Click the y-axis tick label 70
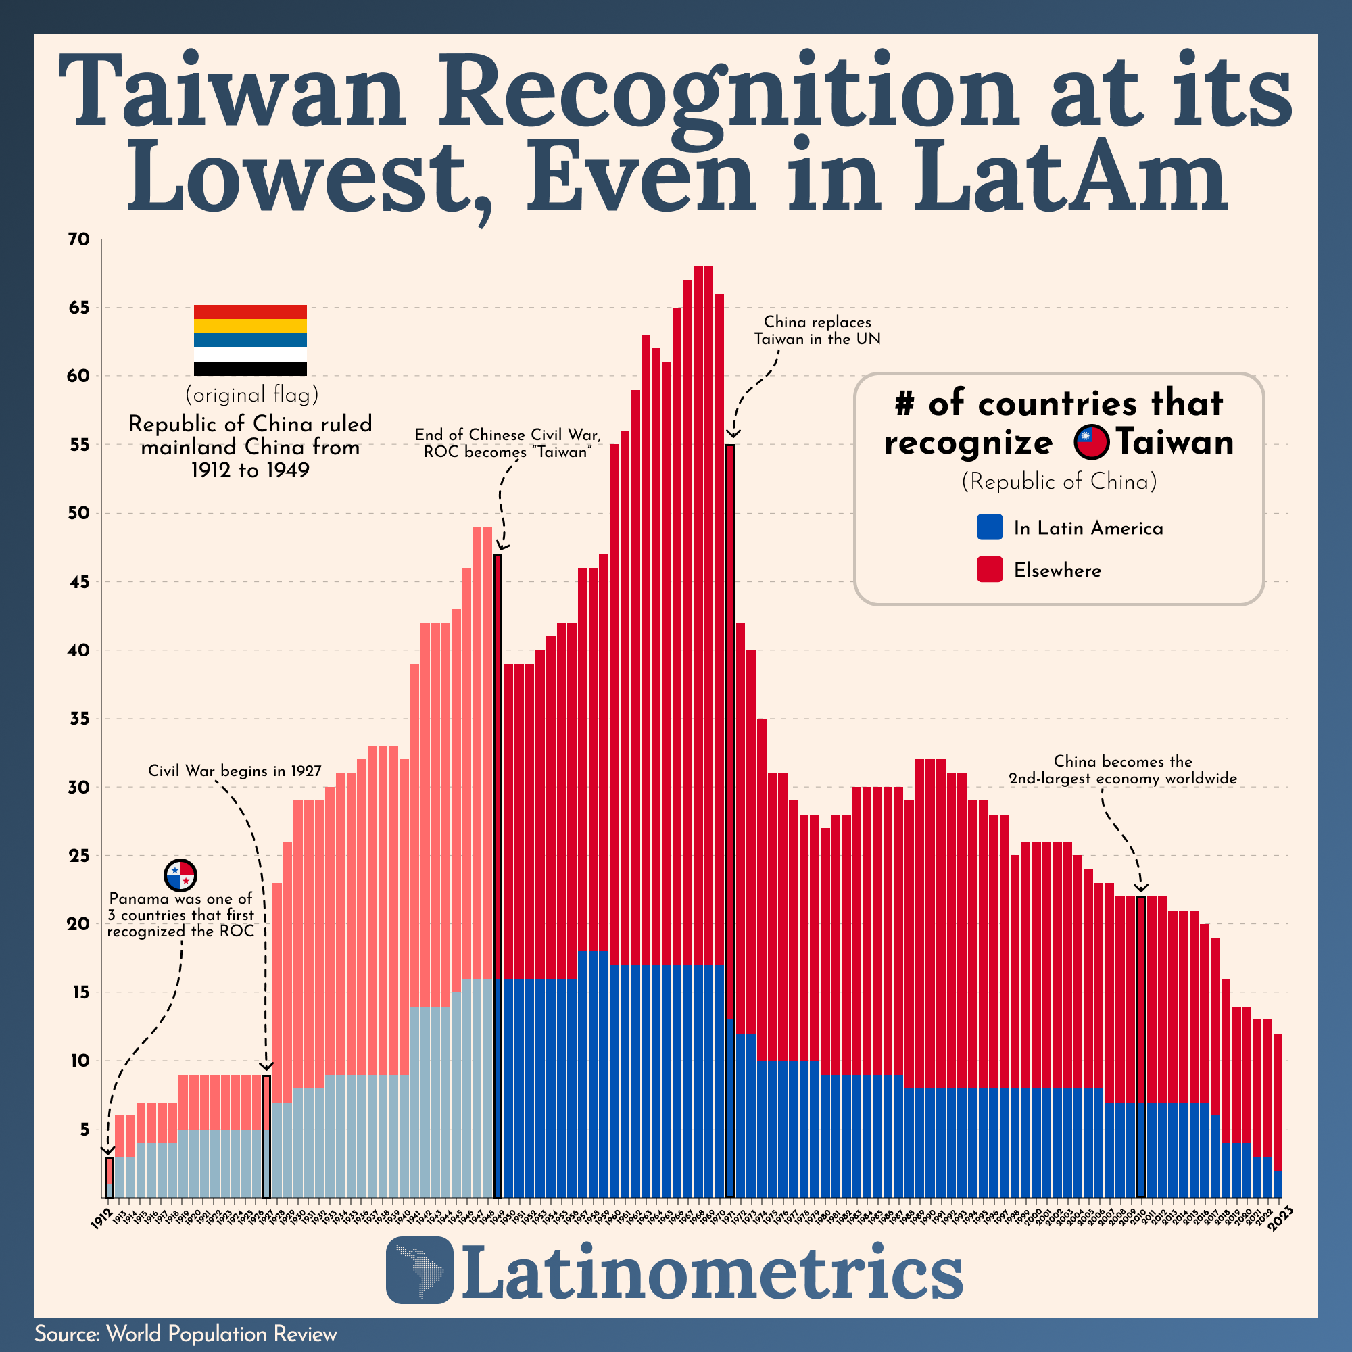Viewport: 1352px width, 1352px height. click(x=79, y=239)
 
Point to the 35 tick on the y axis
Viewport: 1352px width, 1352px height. click(x=79, y=719)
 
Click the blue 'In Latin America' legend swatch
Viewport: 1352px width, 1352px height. click(x=990, y=527)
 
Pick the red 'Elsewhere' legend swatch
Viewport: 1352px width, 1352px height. click(x=990, y=570)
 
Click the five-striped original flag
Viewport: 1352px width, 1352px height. click(x=250, y=340)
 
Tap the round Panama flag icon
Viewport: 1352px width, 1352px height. click(x=180, y=875)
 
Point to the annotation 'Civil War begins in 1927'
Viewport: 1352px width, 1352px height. click(x=235, y=771)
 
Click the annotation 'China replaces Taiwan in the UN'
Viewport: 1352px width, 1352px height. click(x=817, y=331)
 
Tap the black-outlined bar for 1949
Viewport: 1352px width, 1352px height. click(x=498, y=875)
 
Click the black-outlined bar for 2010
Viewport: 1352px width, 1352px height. click(x=1140, y=1046)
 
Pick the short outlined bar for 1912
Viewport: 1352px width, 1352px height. click(x=109, y=1177)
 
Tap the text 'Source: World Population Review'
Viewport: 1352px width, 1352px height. click(x=186, y=1334)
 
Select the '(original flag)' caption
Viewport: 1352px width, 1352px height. click(x=251, y=395)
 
